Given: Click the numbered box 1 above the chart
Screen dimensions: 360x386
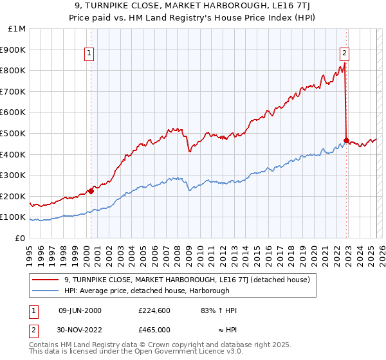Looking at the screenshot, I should click(89, 53).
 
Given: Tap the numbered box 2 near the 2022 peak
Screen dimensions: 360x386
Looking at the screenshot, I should click(345, 53).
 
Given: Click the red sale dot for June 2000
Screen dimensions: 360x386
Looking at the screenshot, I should click(91, 191).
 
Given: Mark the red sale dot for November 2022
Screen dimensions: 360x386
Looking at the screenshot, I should click(347, 140).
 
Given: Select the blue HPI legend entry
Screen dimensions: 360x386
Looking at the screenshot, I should click(154, 291).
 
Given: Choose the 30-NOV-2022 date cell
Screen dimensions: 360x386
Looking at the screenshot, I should click(79, 328).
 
